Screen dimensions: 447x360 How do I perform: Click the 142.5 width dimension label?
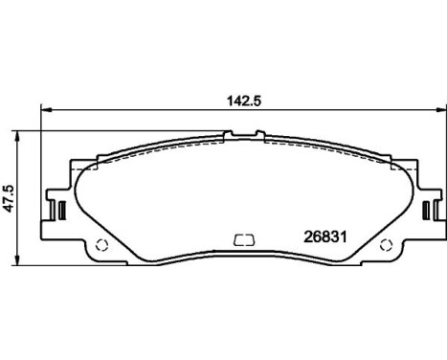[x=244, y=101]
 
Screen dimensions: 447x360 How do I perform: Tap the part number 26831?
[x=325, y=237]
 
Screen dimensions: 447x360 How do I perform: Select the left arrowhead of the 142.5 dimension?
[x=46, y=110]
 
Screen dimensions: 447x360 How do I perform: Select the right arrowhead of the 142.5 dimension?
[x=442, y=110]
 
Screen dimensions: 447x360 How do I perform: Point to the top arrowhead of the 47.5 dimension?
[x=18, y=136]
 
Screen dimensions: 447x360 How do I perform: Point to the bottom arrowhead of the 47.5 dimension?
[x=18, y=259]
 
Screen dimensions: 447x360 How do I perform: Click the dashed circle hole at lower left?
[x=102, y=245]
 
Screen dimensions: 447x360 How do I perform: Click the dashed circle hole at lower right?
[x=386, y=245]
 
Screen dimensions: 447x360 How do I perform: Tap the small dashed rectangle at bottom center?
[x=244, y=240]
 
